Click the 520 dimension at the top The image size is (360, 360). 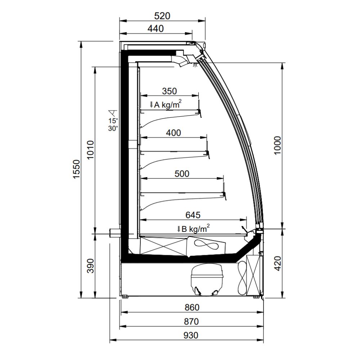162,16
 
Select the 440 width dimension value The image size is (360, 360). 156,29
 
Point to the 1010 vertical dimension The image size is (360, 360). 90,150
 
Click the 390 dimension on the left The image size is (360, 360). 91,266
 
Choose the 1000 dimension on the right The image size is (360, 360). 277,145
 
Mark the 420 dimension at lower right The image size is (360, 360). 277,264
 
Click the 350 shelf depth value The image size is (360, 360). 170,91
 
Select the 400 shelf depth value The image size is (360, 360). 174,133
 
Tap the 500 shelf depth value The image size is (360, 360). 182,174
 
